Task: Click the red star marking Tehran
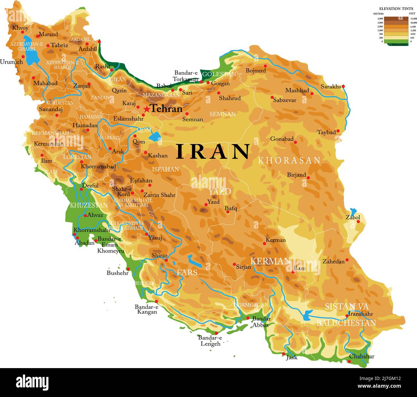pos(147,109)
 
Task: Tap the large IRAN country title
pos(213,151)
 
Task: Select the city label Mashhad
pos(297,91)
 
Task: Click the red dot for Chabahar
pos(349,362)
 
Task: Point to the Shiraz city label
pos(159,255)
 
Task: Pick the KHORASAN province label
pos(289,160)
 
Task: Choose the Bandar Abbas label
pos(261,322)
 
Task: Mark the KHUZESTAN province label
pos(89,205)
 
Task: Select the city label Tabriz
pos(59,45)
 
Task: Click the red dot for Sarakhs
pos(343,86)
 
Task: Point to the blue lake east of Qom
pos(155,137)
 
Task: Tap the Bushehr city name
pos(117,273)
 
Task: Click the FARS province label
pos(187,272)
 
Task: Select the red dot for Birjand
pos(308,177)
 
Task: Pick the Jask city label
pos(292,357)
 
